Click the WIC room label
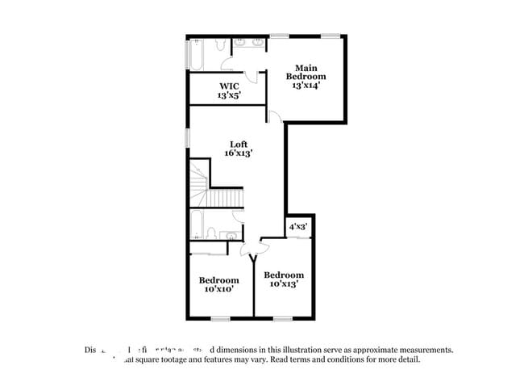click(x=228, y=86)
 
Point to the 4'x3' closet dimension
click(x=298, y=227)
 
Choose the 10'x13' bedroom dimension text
click(x=284, y=283)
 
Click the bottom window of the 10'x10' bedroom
click(x=219, y=318)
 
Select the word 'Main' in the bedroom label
click(x=304, y=68)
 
